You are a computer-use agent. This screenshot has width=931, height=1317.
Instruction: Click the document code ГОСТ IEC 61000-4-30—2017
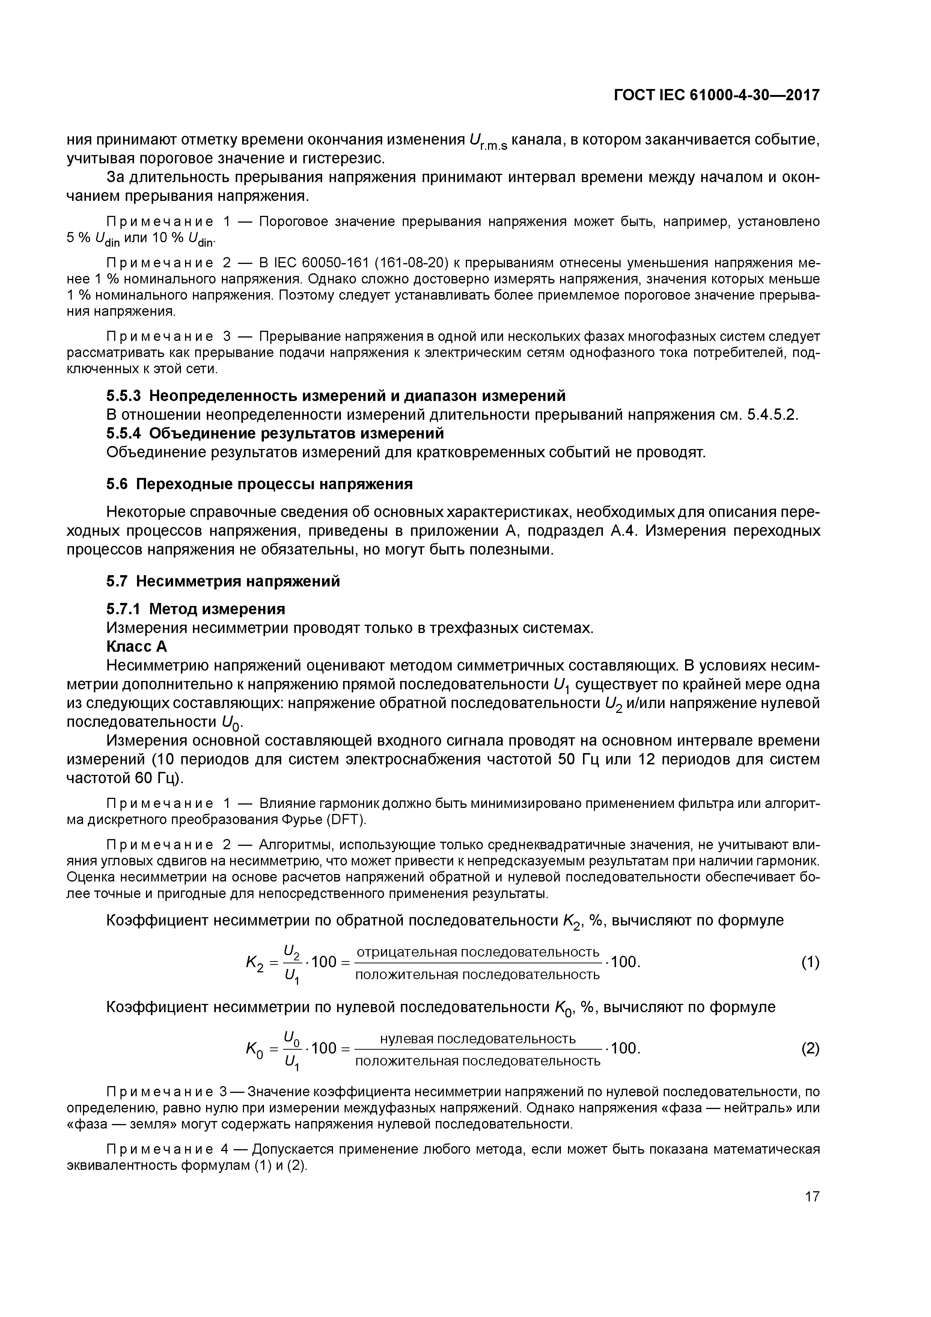click(717, 95)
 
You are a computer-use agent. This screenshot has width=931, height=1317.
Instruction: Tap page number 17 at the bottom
click(812, 1196)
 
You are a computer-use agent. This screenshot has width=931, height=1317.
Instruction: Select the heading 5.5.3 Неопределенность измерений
click(336, 396)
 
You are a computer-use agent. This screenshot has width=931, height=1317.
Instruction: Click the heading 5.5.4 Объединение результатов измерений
click(275, 432)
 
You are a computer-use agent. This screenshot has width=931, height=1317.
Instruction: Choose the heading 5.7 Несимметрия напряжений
click(223, 581)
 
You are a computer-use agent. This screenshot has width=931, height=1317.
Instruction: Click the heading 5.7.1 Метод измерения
click(196, 608)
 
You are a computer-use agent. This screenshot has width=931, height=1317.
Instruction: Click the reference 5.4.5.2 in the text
click(771, 414)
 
